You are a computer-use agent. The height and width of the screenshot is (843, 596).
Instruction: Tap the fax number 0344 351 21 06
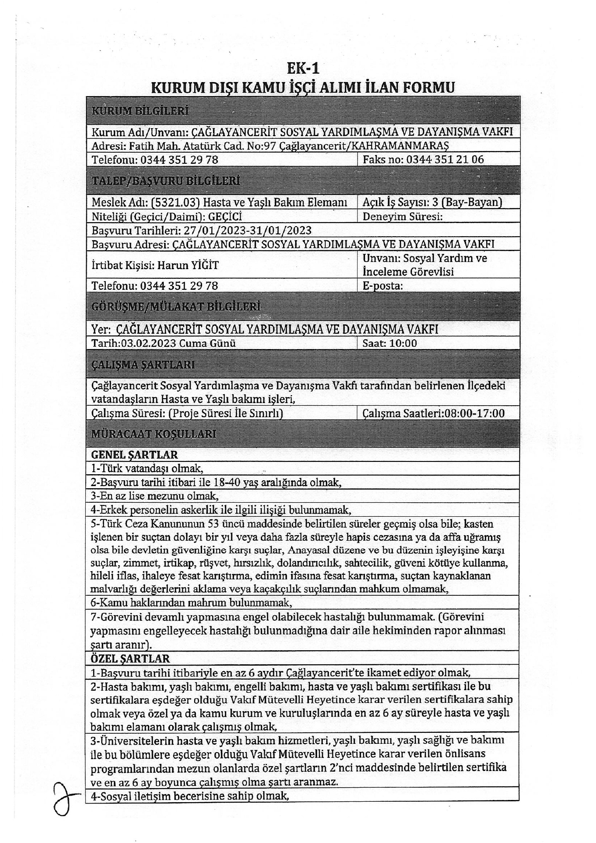tap(445, 159)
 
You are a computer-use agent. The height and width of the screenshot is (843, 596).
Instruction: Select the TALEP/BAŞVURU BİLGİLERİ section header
tap(166, 181)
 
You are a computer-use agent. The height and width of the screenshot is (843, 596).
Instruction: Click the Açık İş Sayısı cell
tap(432, 202)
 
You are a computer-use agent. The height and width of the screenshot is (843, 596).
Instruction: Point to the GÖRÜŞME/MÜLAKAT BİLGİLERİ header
tap(176, 306)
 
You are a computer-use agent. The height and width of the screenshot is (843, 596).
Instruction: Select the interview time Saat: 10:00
tap(390, 343)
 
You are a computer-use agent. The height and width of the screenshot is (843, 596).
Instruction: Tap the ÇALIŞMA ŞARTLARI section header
tap(143, 365)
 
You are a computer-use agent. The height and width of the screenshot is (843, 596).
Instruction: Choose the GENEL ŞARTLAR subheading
tap(134, 455)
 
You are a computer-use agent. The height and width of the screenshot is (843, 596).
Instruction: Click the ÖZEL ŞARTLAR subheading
tap(130, 659)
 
